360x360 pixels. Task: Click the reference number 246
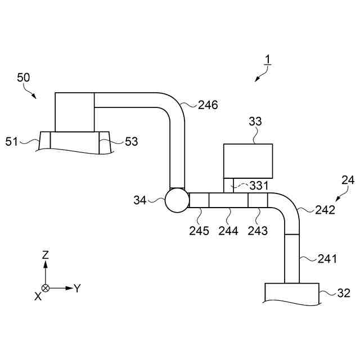(x=208, y=105)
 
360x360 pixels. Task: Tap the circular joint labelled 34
(x=177, y=200)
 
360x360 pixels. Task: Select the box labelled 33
(x=248, y=161)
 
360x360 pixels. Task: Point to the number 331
(x=259, y=185)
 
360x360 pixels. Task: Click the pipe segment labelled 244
(x=228, y=200)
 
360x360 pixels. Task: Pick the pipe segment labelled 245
(x=199, y=200)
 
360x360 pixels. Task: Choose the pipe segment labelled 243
(x=258, y=200)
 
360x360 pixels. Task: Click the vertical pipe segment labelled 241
(x=292, y=258)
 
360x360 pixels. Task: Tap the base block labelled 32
(x=291, y=293)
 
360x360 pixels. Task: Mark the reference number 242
(x=325, y=210)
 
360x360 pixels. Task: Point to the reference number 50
(x=24, y=78)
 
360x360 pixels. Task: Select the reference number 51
(x=12, y=141)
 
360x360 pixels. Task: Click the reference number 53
(x=131, y=142)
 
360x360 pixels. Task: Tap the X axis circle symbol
(x=46, y=288)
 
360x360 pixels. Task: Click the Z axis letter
(x=46, y=255)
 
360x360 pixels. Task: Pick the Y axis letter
(x=78, y=288)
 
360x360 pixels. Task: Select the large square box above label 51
(x=74, y=112)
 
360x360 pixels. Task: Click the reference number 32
(x=344, y=293)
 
